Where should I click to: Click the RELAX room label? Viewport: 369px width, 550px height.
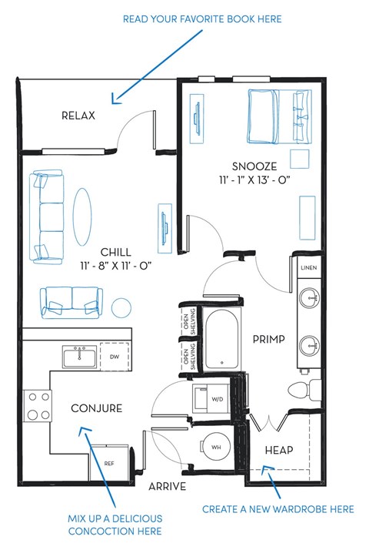[78, 116]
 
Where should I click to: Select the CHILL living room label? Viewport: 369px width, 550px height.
[115, 252]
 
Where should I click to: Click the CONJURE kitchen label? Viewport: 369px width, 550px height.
[96, 408]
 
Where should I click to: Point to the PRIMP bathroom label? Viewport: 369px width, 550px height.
[269, 338]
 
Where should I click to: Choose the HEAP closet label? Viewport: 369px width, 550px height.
[278, 449]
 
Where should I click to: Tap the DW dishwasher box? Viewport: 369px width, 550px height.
[114, 357]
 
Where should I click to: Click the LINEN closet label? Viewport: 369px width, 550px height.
[308, 267]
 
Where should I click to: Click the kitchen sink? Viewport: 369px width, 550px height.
[79, 357]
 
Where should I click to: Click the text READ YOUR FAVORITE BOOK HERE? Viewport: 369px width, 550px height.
[202, 18]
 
